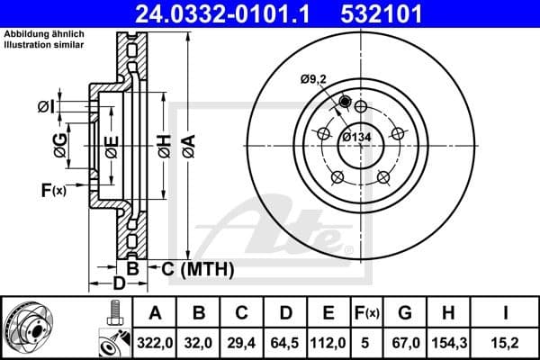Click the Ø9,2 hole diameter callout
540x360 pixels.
coord(315,79)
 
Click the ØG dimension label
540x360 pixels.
coord(60,144)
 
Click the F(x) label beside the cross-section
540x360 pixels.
coord(53,190)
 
